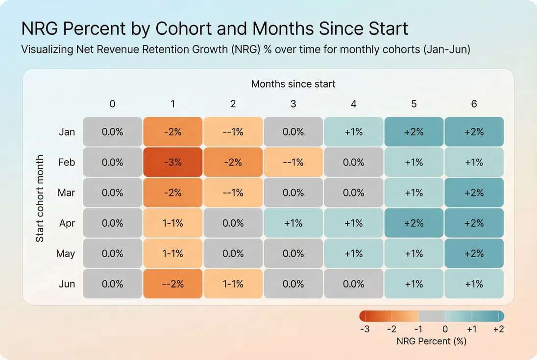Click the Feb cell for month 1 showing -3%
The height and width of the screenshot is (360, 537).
(172, 162)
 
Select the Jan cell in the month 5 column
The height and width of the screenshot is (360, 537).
(414, 132)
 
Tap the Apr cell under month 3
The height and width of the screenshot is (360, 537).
(293, 223)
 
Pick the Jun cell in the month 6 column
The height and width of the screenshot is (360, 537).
(474, 284)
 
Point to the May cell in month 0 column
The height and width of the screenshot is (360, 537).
(112, 253)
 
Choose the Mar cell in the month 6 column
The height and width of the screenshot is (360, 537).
(474, 192)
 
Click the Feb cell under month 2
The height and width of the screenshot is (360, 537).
(233, 162)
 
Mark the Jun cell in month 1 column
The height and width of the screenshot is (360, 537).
(172, 284)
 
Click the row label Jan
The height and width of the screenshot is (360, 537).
(67, 132)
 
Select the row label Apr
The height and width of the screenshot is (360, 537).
(67, 223)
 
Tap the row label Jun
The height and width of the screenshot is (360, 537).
(67, 284)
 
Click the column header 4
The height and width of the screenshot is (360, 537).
(353, 104)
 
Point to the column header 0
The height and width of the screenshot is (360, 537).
(112, 104)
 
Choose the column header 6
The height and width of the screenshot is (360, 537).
(474, 104)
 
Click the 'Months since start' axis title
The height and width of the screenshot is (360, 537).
(293, 84)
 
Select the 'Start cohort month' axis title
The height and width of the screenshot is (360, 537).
(40, 198)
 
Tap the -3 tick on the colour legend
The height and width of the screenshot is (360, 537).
(365, 329)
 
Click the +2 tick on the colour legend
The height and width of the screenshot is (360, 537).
(498, 329)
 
